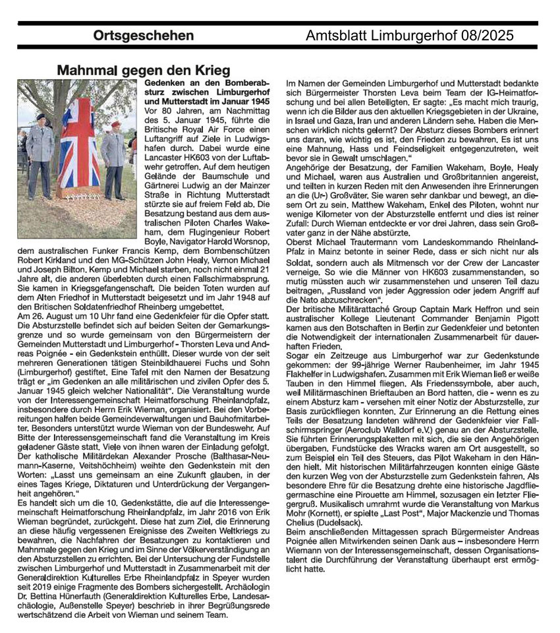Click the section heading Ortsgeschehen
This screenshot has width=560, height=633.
click(139, 35)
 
